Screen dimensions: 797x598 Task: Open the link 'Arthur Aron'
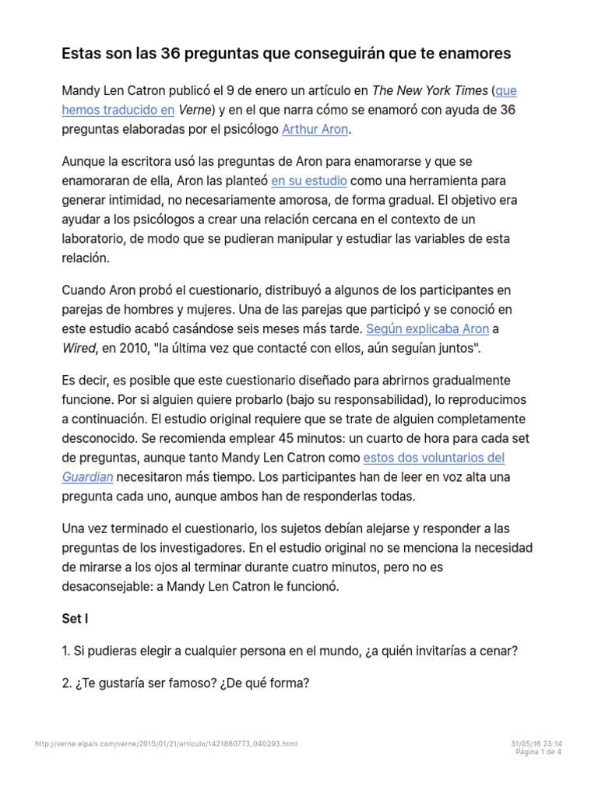click(315, 129)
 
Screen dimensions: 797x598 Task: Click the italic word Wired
click(78, 347)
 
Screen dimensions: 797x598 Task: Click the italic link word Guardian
click(88, 476)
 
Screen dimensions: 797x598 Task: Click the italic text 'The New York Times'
click(429, 91)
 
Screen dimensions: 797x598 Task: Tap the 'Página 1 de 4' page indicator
click(539, 752)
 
